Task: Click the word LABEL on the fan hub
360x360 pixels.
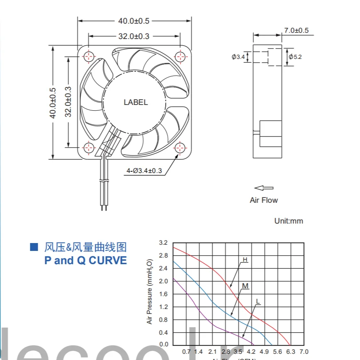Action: click(x=136, y=102)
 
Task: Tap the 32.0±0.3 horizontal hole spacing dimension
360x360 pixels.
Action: click(x=134, y=36)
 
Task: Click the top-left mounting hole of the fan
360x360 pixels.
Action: click(x=89, y=56)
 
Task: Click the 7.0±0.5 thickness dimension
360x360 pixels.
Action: click(x=296, y=30)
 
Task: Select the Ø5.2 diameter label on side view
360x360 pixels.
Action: click(x=295, y=56)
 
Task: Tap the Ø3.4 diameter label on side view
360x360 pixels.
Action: click(x=238, y=56)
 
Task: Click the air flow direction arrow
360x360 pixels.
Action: click(x=264, y=188)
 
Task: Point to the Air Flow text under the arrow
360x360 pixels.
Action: click(x=264, y=200)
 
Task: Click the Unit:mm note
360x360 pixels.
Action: click(x=289, y=221)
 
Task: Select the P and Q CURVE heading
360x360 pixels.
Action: click(x=85, y=260)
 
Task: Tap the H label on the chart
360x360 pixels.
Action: click(x=245, y=260)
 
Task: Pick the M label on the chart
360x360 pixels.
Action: click(x=245, y=286)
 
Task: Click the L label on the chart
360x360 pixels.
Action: click(x=258, y=301)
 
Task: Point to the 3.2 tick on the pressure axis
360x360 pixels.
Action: click(x=163, y=243)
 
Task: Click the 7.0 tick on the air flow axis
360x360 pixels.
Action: click(x=304, y=352)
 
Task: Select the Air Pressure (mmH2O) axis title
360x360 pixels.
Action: click(x=150, y=292)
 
